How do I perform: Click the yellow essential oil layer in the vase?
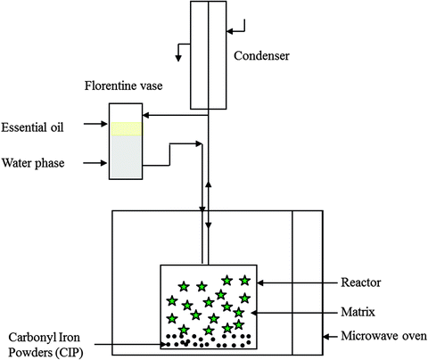click(x=126, y=130)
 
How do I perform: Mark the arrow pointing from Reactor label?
click(x=299, y=282)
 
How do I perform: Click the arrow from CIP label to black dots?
click(x=134, y=344)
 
